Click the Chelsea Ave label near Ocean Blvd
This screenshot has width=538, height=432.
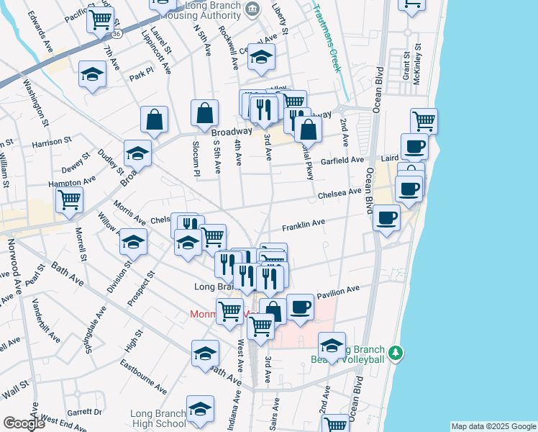coord(339,193)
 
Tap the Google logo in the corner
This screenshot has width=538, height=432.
coord(23,423)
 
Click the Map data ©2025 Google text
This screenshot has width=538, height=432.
coord(493,426)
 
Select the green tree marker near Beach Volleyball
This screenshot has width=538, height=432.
coord(394,354)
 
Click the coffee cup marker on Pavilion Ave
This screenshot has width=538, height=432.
coord(301,306)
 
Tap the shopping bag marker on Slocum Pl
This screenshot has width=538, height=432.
coord(205,112)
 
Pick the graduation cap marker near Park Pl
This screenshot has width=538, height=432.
coord(93,74)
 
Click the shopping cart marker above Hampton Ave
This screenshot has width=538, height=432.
coord(70,199)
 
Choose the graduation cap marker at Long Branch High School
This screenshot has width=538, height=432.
coord(199,408)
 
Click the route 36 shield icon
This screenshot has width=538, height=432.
coord(117,34)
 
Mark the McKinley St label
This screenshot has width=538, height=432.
coord(416,68)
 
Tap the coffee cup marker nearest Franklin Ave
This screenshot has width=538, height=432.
coord(386,216)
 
